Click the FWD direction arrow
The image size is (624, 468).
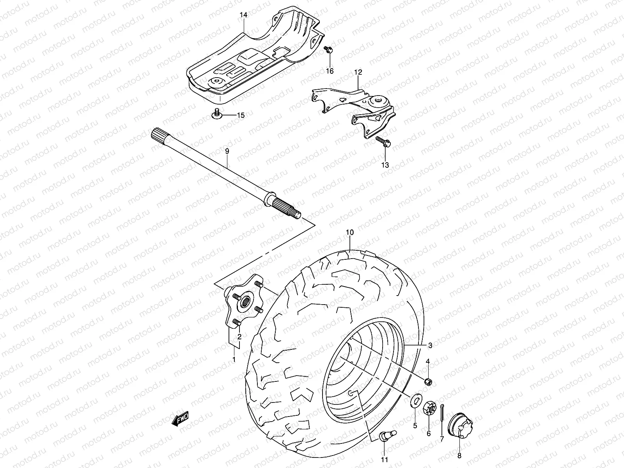(180, 419)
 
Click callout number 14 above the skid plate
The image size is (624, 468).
(243, 15)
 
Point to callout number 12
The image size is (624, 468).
(358, 73)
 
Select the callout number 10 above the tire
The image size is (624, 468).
(349, 232)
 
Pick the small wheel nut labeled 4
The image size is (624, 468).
(428, 381)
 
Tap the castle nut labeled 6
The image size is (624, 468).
(429, 409)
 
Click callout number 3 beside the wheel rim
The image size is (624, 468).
(430, 345)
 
